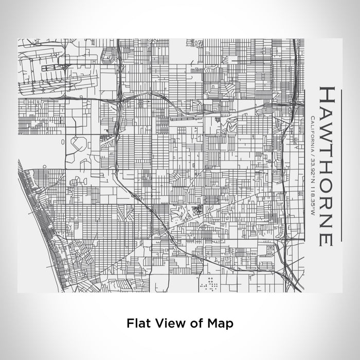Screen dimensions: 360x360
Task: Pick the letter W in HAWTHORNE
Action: click(x=328, y=126)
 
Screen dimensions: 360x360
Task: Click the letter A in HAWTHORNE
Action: click(x=328, y=109)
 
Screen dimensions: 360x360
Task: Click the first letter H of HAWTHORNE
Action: click(x=328, y=94)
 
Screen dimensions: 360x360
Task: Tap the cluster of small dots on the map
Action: click(x=210, y=282)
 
